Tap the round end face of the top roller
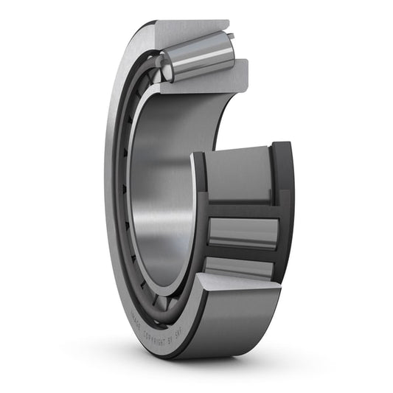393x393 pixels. point(167,69)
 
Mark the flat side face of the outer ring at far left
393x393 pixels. point(113,184)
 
